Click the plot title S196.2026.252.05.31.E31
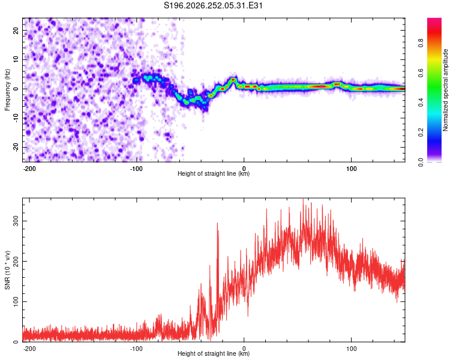point(213,5)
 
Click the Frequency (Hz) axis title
point(7,90)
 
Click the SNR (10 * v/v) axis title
point(7,270)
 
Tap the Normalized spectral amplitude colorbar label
point(445,90)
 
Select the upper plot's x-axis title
point(214,173)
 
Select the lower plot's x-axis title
point(214,353)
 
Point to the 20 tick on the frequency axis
point(16,30)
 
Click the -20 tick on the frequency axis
point(16,148)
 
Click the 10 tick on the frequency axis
point(16,59)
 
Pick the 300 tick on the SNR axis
point(16,221)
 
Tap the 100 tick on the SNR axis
point(16,301)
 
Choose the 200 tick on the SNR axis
point(16,261)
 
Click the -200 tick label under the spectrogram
point(29,169)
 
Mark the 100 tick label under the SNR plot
point(351,349)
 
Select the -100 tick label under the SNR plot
point(136,349)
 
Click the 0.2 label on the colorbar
point(421,133)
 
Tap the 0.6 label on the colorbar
point(421,73)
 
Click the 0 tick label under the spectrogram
point(244,169)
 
